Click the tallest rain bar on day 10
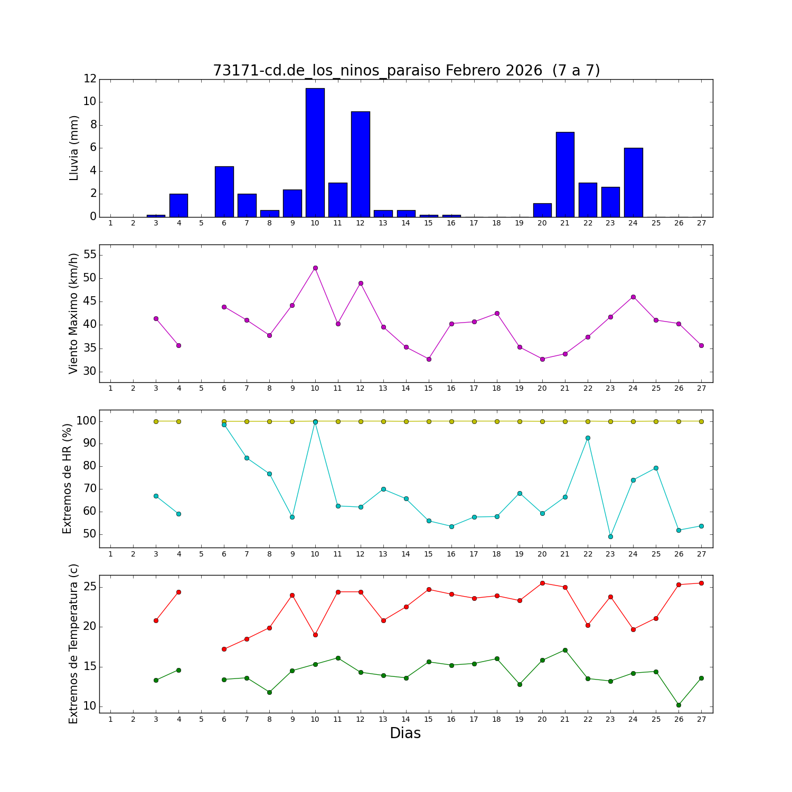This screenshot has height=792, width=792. coord(315,153)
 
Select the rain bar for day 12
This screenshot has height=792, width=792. coord(361,164)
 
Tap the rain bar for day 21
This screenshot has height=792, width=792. coord(565,174)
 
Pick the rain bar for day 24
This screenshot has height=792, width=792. coord(633,182)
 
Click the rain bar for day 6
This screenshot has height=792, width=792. coord(224,192)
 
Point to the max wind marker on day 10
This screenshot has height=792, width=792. coord(315,268)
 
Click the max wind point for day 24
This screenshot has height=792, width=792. coord(633,297)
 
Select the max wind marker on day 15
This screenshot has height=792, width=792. coord(429,359)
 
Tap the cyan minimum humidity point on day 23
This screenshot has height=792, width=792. coord(610,536)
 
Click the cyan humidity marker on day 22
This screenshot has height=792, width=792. coord(588,438)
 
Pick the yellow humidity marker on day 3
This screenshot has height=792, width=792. coord(156,421)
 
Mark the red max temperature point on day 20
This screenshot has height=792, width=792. coord(542,583)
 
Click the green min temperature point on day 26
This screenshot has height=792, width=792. coord(678,705)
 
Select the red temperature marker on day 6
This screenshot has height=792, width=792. coord(224,649)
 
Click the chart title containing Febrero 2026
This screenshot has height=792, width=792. coord(406,71)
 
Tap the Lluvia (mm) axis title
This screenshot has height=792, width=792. coord(74,148)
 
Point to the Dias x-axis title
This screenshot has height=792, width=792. coord(405,733)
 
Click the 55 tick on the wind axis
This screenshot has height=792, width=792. coord(90,255)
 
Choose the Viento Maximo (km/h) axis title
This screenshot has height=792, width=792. coord(73,313)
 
